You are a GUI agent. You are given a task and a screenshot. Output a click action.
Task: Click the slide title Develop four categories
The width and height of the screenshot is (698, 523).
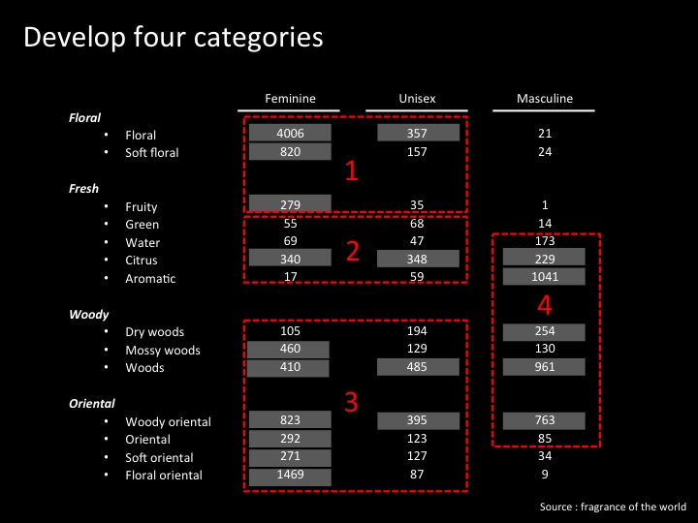click(x=173, y=38)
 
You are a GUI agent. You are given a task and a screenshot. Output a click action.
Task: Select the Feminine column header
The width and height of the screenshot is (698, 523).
click(x=290, y=99)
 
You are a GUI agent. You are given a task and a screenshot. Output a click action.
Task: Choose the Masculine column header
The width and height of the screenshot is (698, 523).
click(x=544, y=99)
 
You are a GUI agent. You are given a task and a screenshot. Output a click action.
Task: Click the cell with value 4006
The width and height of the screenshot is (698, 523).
click(x=290, y=134)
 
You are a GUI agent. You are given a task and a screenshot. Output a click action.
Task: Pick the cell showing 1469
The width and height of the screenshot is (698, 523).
click(x=290, y=476)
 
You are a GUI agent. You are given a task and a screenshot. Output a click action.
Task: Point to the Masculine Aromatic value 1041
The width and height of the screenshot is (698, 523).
click(x=544, y=278)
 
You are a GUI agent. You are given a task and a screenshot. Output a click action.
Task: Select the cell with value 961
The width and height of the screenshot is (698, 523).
click(x=544, y=368)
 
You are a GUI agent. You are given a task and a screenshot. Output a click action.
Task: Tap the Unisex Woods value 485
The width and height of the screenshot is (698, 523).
click(x=418, y=368)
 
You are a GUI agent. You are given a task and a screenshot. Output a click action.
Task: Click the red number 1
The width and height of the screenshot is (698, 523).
click(x=352, y=171)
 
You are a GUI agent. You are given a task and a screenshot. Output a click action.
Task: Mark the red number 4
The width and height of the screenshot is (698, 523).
click(x=545, y=305)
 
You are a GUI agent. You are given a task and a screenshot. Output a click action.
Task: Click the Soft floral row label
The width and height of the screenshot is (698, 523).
click(x=152, y=153)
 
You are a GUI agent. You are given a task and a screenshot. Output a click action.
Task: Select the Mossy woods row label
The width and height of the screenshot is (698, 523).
click(x=163, y=351)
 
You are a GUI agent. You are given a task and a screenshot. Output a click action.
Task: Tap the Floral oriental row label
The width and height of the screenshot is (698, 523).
click(x=164, y=476)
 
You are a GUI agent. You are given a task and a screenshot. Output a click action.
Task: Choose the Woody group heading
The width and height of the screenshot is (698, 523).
click(x=89, y=315)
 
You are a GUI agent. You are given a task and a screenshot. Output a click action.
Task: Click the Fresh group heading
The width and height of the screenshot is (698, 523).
click(x=84, y=189)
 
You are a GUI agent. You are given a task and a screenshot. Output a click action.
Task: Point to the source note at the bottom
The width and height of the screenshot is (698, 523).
click(x=613, y=507)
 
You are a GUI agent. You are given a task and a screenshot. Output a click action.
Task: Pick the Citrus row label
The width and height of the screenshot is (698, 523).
click(x=142, y=261)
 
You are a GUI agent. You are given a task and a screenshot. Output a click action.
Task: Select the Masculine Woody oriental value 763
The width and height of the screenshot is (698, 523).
click(x=544, y=421)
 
